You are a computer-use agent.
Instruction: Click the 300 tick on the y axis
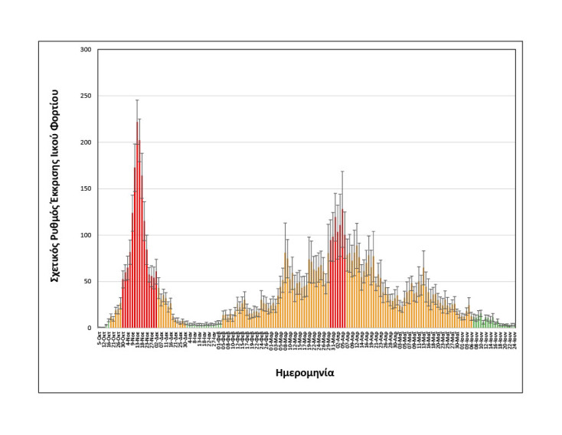[x=86, y=50]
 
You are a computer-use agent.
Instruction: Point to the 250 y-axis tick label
[x=86, y=96]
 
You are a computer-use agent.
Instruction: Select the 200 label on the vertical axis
[x=86, y=142]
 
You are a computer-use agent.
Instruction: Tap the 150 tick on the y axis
[x=86, y=189]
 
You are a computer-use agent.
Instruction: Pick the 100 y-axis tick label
[x=86, y=235]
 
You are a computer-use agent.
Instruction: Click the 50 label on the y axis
[x=87, y=282]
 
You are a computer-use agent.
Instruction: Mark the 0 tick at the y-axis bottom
[x=90, y=328]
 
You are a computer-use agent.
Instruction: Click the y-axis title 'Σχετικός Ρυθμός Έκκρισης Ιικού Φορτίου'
[x=56, y=189]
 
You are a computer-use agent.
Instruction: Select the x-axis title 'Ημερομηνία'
[x=304, y=373]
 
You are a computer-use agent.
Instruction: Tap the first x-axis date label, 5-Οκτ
[x=100, y=339]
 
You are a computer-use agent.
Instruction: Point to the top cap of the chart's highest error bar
[x=137, y=100]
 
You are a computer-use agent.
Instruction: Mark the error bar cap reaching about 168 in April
[x=342, y=172]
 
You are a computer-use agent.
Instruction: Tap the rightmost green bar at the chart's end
[x=513, y=325]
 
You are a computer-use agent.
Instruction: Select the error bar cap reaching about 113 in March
[x=286, y=224]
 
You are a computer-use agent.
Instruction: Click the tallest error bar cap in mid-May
[x=423, y=251]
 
